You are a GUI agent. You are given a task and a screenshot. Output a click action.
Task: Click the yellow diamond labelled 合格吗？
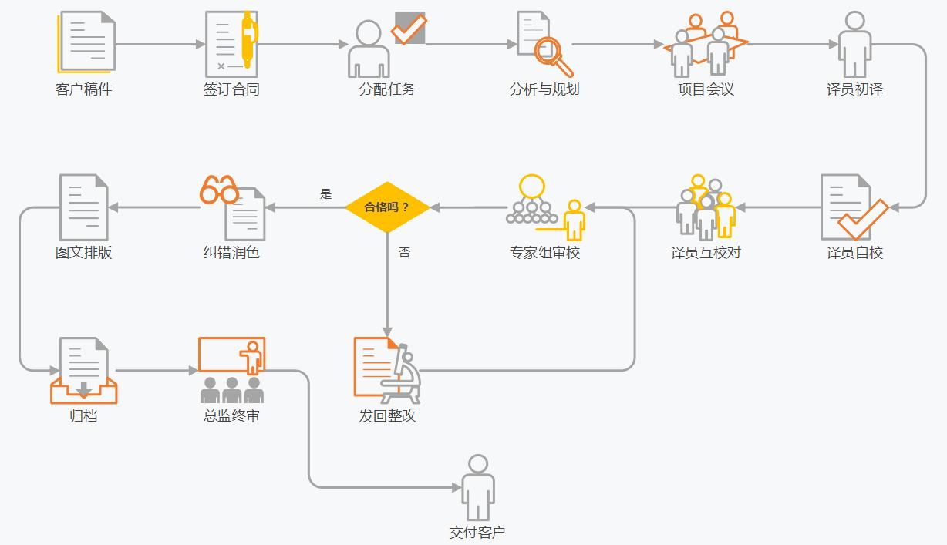point(387,207)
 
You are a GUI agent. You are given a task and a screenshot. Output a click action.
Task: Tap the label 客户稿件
point(83,89)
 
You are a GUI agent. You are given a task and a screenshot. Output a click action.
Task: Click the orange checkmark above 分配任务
point(409,28)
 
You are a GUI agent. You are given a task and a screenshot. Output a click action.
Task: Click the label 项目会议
point(706,89)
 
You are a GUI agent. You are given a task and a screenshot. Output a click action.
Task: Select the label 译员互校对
point(706,253)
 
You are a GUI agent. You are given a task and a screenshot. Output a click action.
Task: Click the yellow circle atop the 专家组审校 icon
point(532,187)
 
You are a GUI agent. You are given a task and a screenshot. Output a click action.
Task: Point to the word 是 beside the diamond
point(326,194)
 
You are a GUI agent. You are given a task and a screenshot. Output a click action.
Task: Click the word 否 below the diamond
point(404,252)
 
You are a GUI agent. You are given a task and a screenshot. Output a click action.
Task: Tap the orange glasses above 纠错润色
point(219,190)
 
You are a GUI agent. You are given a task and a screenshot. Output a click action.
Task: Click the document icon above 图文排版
point(83,207)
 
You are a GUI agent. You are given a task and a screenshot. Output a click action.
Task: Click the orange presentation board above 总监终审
point(231,355)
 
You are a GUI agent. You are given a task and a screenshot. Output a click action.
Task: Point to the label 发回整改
point(387,416)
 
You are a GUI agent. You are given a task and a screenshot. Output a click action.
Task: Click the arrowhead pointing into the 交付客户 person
point(456,487)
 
